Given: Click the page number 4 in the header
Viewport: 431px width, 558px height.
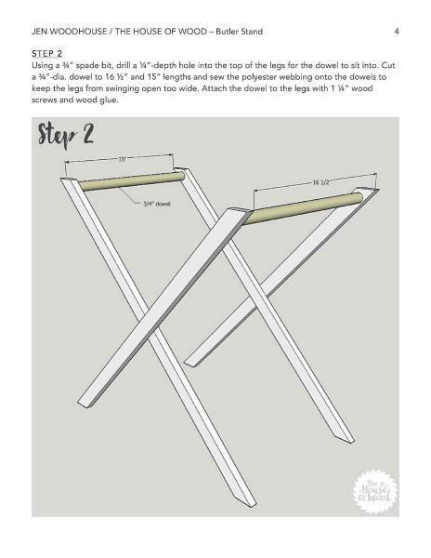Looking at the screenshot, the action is [x=397, y=32].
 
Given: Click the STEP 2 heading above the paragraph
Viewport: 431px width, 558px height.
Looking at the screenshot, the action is [x=46, y=54].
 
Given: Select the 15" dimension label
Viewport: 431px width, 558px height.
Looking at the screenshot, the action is [x=122, y=159].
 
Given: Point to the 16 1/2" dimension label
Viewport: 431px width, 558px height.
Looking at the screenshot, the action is [x=322, y=182].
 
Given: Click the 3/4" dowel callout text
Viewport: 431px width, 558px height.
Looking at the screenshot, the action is [x=157, y=204].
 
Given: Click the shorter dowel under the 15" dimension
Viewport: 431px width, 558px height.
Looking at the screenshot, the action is [x=131, y=181].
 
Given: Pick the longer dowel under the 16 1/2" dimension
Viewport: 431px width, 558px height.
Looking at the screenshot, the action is [x=303, y=208].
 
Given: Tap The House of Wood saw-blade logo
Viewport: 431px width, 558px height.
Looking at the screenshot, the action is [x=375, y=491].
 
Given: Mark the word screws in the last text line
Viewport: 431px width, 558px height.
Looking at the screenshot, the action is [x=44, y=100].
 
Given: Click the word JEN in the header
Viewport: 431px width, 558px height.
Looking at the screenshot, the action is [x=40, y=32].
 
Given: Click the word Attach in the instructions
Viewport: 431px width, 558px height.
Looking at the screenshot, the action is [x=215, y=88].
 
